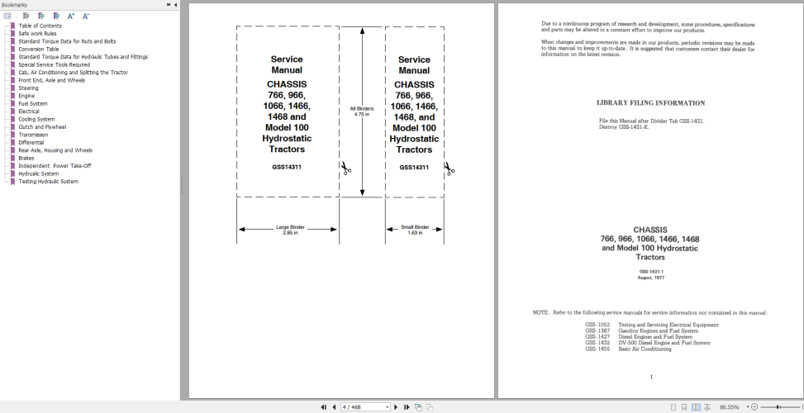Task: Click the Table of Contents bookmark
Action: click(x=40, y=26)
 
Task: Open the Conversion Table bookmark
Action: click(x=39, y=49)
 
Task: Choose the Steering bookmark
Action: click(x=28, y=88)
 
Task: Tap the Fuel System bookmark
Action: click(x=33, y=103)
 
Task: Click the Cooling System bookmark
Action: click(x=36, y=119)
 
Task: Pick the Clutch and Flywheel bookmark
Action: click(x=42, y=127)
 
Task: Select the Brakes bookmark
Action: click(x=26, y=158)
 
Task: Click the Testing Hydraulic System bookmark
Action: click(x=48, y=181)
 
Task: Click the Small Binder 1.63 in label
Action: click(x=415, y=230)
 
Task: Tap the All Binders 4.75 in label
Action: click(x=361, y=112)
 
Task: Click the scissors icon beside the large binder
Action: click(x=346, y=169)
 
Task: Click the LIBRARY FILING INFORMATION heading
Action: click(x=650, y=103)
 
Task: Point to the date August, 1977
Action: click(x=651, y=278)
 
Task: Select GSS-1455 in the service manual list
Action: click(x=597, y=349)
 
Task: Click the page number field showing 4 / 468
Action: click(x=364, y=407)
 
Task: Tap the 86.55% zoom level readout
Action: click(x=729, y=407)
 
